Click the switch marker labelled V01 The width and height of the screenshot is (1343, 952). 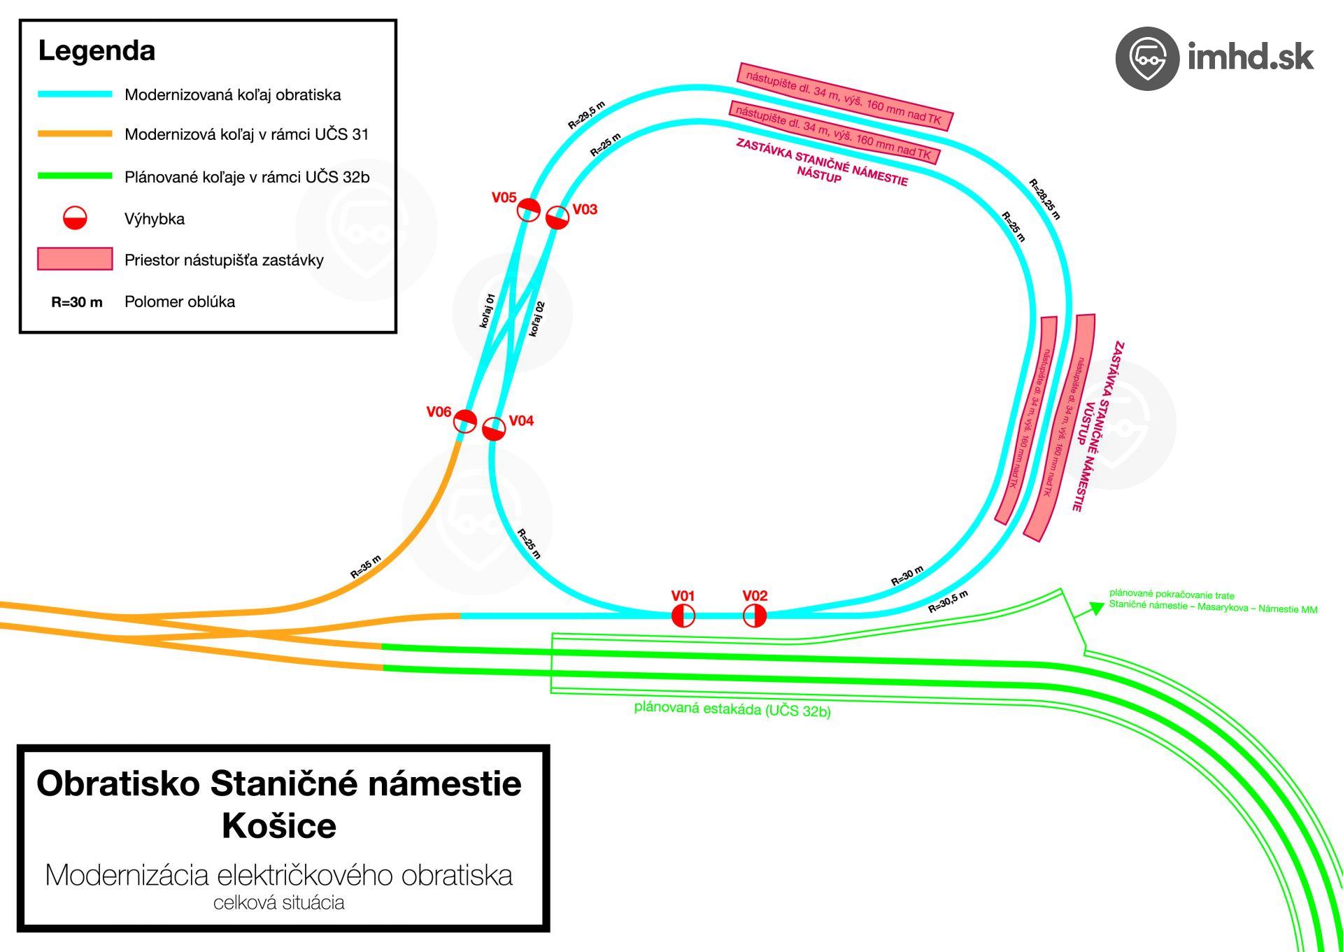point(683,616)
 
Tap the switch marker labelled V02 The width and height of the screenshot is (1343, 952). point(754,616)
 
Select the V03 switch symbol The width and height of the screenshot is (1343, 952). point(557,218)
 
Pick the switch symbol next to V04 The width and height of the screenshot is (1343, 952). point(494,429)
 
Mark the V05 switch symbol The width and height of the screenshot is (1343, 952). point(529,209)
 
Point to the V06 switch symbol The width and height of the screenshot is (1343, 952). point(465,421)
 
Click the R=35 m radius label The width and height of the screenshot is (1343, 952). point(366,567)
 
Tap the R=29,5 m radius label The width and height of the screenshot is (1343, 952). point(586,115)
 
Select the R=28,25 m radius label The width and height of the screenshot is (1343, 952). point(1044,199)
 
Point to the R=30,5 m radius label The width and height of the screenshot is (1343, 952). point(948,602)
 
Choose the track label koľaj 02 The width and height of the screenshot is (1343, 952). point(537,319)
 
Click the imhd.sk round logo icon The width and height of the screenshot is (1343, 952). point(1146,58)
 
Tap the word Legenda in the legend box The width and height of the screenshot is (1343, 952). point(97,51)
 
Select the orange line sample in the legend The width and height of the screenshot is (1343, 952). point(75,134)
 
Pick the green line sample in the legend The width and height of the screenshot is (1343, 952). point(75,176)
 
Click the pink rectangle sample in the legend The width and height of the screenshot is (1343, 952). point(75,259)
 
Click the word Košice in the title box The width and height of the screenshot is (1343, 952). point(279,825)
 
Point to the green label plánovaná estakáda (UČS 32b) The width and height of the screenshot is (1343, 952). point(732,709)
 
